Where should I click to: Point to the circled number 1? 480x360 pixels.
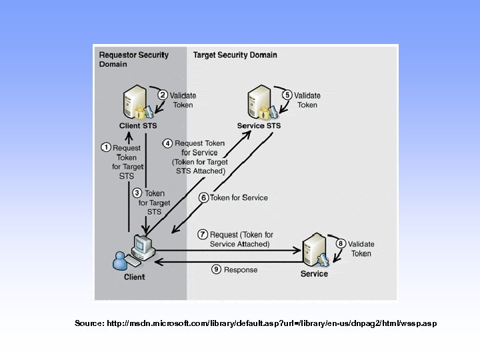(x=105, y=147)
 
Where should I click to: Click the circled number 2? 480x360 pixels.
(x=162, y=95)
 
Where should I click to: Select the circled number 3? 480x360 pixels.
(x=137, y=193)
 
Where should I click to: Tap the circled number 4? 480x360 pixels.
(x=168, y=143)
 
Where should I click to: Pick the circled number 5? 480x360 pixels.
(x=287, y=95)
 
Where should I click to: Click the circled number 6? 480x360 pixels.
(x=203, y=197)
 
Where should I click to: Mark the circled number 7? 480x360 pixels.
(x=203, y=235)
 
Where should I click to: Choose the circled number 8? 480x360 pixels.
(x=341, y=244)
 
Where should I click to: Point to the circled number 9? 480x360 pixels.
(x=216, y=269)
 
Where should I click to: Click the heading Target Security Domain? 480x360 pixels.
(x=235, y=55)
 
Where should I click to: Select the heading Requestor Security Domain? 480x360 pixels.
(x=133, y=59)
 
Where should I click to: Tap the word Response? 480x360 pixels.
(x=241, y=270)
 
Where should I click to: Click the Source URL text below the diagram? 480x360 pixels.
(x=255, y=323)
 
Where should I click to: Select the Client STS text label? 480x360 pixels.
(x=138, y=126)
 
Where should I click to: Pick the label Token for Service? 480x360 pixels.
(x=239, y=197)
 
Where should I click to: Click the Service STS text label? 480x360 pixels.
(x=259, y=126)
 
